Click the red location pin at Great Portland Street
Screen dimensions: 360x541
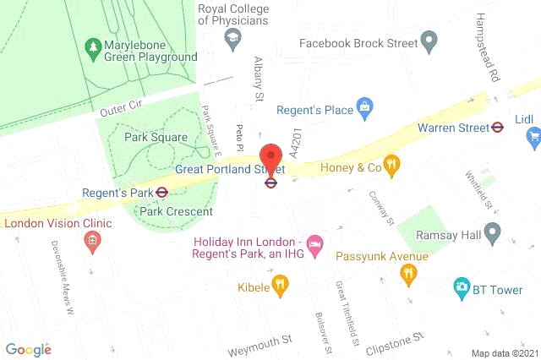tap(270, 158)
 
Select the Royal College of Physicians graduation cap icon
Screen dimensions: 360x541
tap(231, 38)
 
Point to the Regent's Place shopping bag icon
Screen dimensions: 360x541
tap(364, 106)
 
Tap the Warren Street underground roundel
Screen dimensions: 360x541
tap(499, 128)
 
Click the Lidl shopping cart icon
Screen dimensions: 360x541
tap(533, 135)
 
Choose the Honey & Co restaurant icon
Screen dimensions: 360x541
tap(391, 166)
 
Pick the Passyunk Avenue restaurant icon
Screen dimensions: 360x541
tap(409, 274)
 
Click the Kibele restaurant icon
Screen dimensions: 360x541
tap(281, 286)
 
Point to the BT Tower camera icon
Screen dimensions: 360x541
tap(461, 288)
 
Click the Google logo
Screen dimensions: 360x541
tap(28, 349)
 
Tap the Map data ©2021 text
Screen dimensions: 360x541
tap(504, 352)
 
